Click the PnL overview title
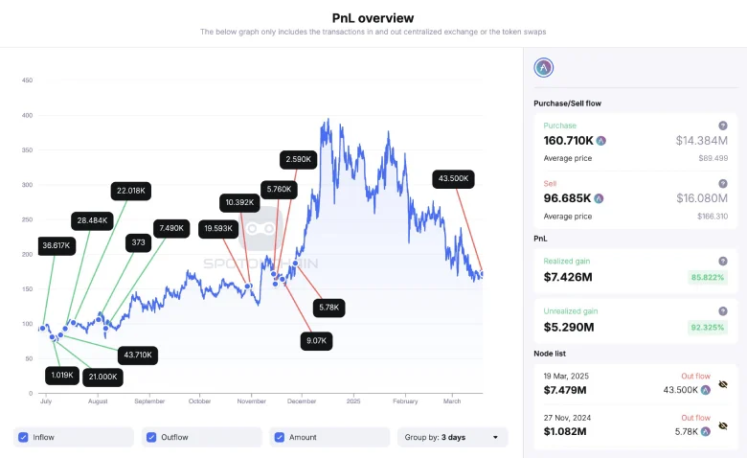[x=373, y=17]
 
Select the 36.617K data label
[x=57, y=245]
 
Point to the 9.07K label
[x=316, y=339]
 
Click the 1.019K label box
[x=60, y=376]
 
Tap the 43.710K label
[x=134, y=355]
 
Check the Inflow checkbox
[x=23, y=437]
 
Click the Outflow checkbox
[x=150, y=437]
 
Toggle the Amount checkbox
[x=279, y=437]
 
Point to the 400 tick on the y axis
[x=27, y=115]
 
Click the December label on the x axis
[x=302, y=401]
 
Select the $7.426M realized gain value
[x=568, y=277]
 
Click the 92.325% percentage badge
[x=709, y=328]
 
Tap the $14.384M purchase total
[x=701, y=140]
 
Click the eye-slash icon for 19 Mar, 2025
[x=722, y=384]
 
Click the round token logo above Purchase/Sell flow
[x=544, y=67]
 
